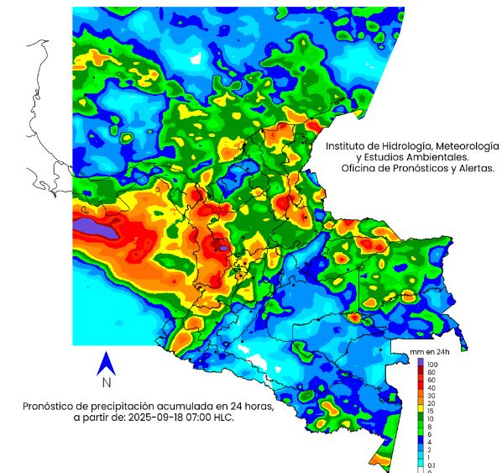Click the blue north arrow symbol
click(106, 363)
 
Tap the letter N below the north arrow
click(107, 383)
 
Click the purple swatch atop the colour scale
click(421, 361)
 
